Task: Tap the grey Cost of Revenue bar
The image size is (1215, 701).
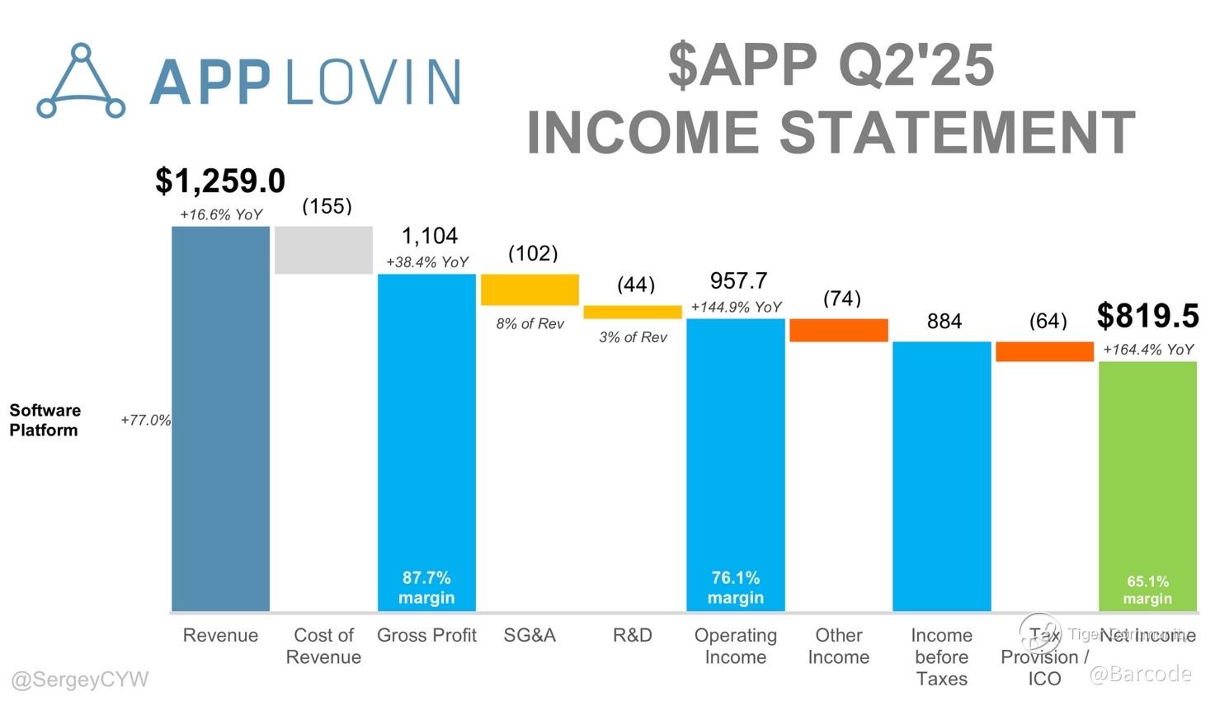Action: pos(323,250)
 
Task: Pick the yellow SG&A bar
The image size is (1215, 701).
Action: pos(530,289)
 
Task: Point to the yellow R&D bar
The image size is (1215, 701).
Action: pos(633,313)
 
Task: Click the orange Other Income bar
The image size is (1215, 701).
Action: pos(839,330)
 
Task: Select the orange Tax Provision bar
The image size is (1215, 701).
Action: pos(1044,351)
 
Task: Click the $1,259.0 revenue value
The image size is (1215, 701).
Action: pos(220,181)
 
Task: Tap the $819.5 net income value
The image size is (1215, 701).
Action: pos(1147,316)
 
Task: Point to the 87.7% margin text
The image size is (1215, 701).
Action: pos(426,587)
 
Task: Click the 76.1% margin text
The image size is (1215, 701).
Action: pos(736,587)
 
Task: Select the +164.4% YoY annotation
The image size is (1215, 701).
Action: pos(1147,350)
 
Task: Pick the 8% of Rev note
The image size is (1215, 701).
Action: pos(530,324)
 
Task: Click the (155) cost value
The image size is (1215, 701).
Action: pos(327,206)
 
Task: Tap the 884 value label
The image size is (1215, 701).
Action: pos(944,322)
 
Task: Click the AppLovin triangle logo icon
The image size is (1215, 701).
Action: pos(81,82)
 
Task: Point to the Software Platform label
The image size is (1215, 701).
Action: pos(45,420)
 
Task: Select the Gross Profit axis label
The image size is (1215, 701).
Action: pos(426,635)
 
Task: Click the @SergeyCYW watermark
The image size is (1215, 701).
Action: pos(80,680)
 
